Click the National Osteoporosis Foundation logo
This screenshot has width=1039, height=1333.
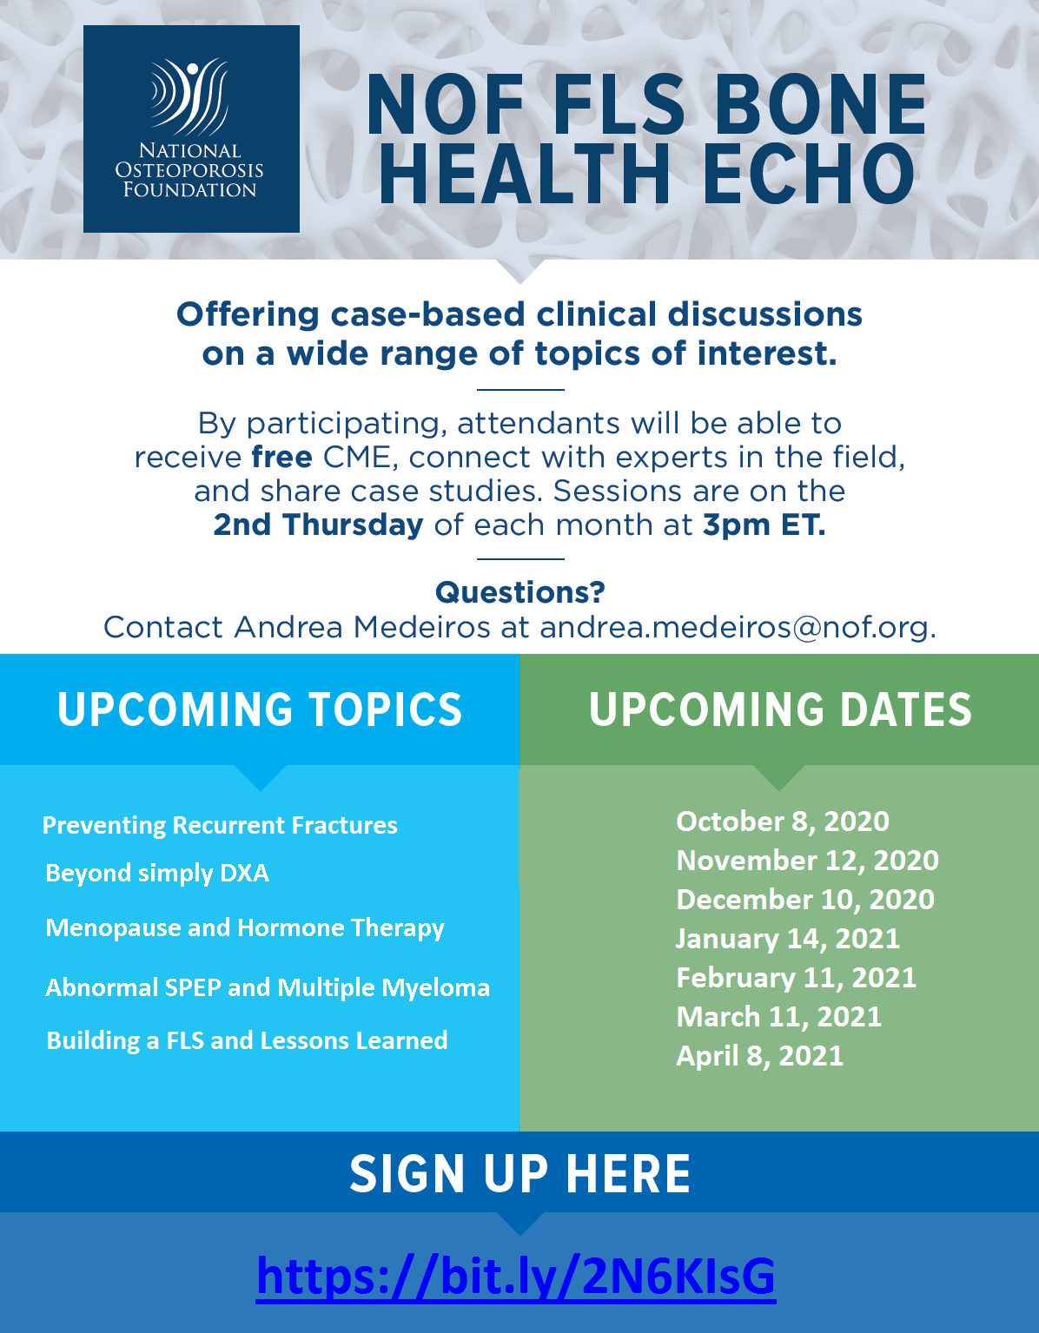(x=191, y=129)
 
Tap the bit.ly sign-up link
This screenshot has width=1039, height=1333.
(x=516, y=1276)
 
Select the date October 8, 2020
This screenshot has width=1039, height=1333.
(x=783, y=822)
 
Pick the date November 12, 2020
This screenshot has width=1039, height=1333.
(x=807, y=861)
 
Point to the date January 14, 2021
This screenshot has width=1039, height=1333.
(x=787, y=939)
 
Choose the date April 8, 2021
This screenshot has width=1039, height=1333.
(x=759, y=1056)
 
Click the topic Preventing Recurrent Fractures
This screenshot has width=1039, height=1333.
(x=220, y=825)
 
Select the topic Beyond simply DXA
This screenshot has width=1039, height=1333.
(x=157, y=873)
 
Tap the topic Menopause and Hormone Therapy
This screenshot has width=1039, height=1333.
(x=245, y=927)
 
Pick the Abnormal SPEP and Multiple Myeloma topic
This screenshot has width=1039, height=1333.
(x=268, y=987)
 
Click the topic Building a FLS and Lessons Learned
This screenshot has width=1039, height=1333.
(x=247, y=1040)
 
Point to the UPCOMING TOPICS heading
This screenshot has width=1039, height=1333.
(x=260, y=709)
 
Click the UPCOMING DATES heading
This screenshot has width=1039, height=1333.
(x=780, y=709)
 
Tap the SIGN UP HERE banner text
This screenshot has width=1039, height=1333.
(x=519, y=1174)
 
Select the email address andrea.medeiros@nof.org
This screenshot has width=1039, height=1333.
(x=737, y=627)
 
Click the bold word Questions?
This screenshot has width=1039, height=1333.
(x=519, y=592)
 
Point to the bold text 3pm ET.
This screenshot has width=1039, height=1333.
(x=764, y=525)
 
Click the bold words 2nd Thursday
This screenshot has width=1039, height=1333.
(x=318, y=525)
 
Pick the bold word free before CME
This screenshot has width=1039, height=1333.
(x=281, y=457)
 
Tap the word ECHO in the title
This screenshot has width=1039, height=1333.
(x=808, y=174)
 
